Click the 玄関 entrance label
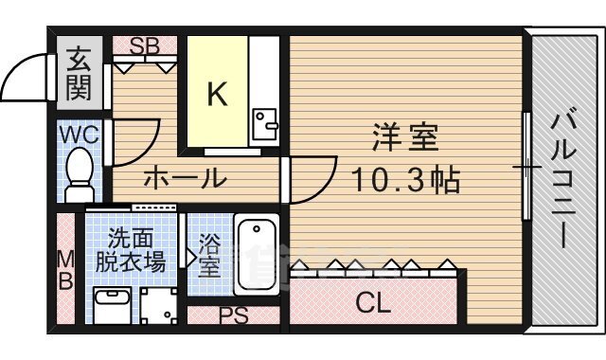coord(77,75)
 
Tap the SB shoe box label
coord(145,45)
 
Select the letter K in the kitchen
coord(217,94)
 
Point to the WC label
coord(79,135)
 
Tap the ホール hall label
coord(185,177)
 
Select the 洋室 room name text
coord(404,139)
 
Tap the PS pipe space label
coord(233,315)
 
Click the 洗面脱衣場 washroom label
coord(135,250)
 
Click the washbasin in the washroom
coord(113,304)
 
